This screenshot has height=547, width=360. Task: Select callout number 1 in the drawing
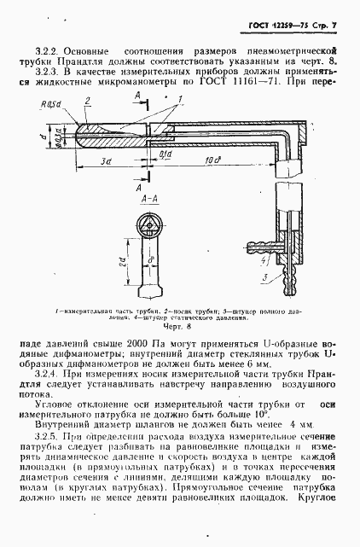pyautogui.click(x=206, y=100)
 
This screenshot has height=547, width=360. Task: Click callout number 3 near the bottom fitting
pyautogui.click(x=265, y=278)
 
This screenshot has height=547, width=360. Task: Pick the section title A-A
pyautogui.click(x=146, y=196)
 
